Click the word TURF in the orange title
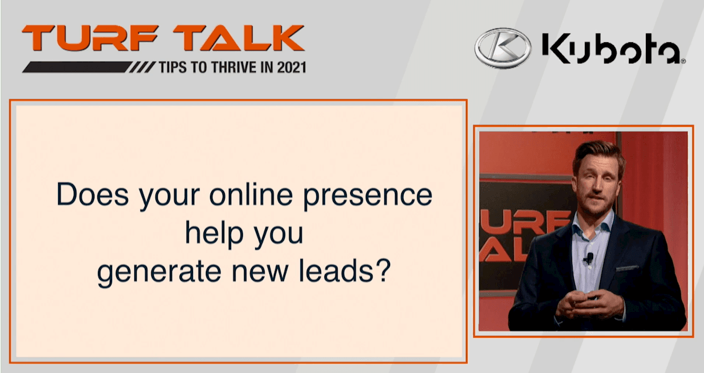tap(90, 38)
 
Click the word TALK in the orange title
tap(239, 38)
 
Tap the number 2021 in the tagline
tap(292, 68)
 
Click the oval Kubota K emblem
tap(503, 48)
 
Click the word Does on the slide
tap(93, 194)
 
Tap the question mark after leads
tap(383, 270)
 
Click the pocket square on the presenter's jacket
tap(627, 268)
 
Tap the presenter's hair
tap(599, 154)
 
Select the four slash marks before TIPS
tap(143, 68)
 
